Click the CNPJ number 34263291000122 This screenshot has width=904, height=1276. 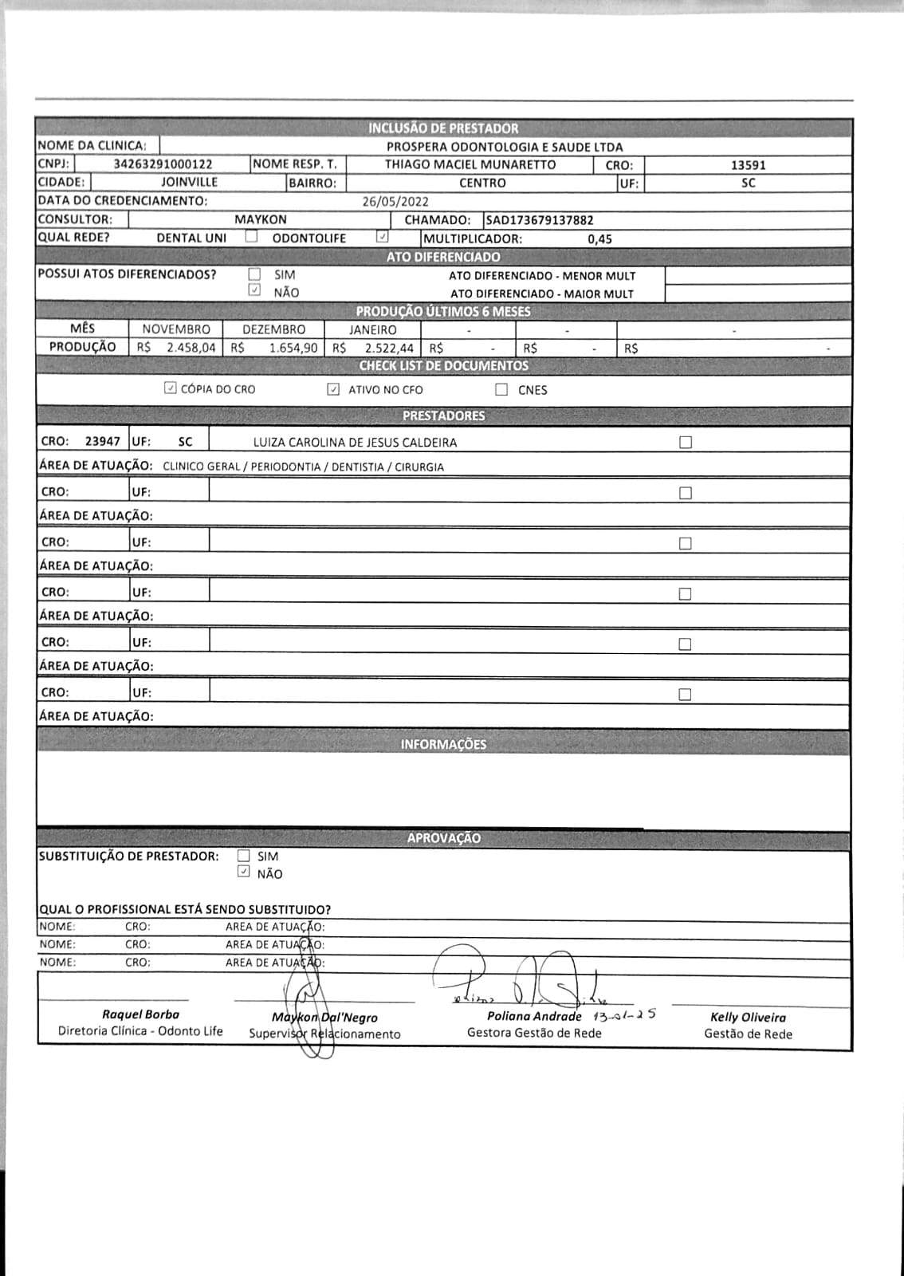click(163, 164)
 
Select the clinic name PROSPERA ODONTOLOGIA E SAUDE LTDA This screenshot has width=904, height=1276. click(504, 147)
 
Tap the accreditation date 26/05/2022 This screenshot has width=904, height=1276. click(395, 202)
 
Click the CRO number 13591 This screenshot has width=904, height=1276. click(748, 165)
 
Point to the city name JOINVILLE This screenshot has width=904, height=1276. click(189, 183)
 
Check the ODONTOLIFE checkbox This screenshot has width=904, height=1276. click(383, 237)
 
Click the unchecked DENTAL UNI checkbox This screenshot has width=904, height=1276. click(251, 237)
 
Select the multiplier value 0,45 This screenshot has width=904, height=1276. click(599, 239)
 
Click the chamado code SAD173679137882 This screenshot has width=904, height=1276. click(540, 220)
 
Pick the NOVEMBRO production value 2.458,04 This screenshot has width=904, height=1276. click(191, 348)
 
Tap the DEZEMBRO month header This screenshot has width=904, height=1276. click(273, 329)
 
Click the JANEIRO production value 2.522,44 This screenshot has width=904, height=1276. click(389, 349)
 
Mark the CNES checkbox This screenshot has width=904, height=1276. click(501, 390)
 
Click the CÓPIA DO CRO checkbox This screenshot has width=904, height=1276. click(170, 388)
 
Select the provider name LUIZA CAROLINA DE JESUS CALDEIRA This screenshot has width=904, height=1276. click(355, 443)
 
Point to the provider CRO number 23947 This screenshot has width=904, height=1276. click(103, 442)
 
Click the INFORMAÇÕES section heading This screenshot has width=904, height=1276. click(443, 745)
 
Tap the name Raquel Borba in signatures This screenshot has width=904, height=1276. click(140, 1014)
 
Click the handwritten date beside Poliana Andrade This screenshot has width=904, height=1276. click(624, 1016)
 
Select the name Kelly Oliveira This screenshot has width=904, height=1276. click(748, 1018)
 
